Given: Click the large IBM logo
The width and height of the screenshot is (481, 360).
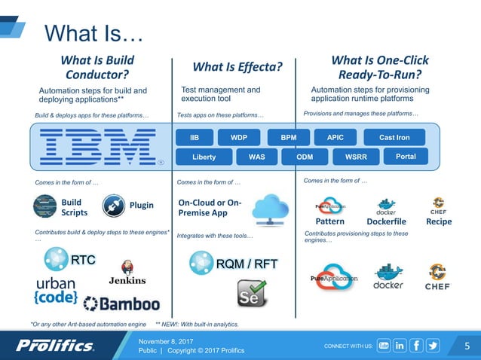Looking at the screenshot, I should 98,146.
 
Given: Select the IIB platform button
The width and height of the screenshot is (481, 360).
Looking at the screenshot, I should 194,138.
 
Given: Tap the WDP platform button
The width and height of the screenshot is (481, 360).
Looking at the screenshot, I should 239,138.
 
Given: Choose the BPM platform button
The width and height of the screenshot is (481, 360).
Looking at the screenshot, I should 289,138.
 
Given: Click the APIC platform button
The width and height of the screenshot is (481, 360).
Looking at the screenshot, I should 335,138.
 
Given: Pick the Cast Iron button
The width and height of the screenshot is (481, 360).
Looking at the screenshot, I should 393,138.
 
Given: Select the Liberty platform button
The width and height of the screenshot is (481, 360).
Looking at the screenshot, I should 204,157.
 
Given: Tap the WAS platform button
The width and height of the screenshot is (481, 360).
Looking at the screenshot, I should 256,157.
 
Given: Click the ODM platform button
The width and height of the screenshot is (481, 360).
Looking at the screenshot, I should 305,157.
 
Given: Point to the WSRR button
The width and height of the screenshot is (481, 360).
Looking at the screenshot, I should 355,157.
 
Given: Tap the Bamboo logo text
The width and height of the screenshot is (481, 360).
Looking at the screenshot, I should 121,304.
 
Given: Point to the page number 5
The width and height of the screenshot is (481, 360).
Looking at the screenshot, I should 467,346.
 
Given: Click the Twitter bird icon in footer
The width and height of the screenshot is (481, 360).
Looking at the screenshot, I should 433,346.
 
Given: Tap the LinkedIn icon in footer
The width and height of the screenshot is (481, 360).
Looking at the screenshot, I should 399,346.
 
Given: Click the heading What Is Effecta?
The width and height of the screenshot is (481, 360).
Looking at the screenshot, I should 237,68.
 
